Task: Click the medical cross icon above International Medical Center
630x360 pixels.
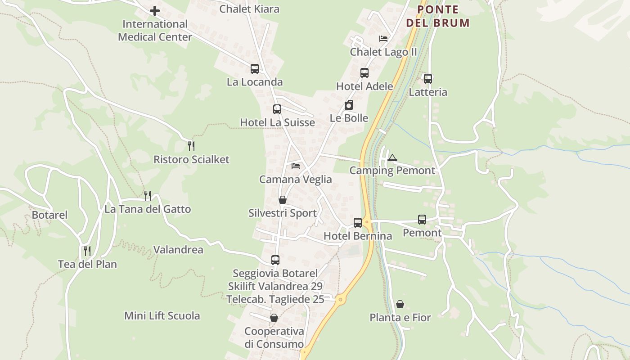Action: (x=155, y=10)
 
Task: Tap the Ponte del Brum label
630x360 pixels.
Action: (x=437, y=16)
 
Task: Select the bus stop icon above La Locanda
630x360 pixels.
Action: (x=255, y=69)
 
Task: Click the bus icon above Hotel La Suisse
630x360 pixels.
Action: (x=277, y=109)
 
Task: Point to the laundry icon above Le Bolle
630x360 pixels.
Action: (x=349, y=105)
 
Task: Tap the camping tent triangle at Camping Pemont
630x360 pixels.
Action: (x=392, y=158)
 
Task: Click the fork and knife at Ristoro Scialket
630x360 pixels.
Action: (x=191, y=146)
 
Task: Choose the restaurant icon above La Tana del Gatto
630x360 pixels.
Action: (x=148, y=196)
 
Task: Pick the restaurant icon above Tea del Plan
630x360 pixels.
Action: (x=87, y=251)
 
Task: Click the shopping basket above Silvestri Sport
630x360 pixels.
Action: (x=283, y=200)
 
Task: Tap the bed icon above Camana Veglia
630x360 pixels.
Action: (x=296, y=166)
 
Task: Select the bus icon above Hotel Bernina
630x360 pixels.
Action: (x=358, y=223)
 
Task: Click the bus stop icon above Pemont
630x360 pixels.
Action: (x=422, y=220)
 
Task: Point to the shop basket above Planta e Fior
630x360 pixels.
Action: (x=400, y=304)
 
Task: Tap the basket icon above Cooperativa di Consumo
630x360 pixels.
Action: (x=274, y=318)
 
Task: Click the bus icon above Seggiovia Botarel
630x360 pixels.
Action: (x=275, y=260)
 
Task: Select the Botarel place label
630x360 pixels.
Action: (x=49, y=215)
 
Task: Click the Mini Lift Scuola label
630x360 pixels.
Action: (x=162, y=316)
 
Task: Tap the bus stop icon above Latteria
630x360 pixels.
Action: (x=428, y=79)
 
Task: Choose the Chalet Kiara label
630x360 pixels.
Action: (x=249, y=9)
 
